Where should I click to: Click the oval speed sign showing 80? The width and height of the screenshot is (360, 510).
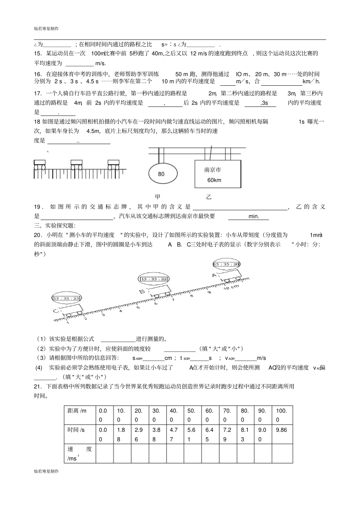(x=162, y=174)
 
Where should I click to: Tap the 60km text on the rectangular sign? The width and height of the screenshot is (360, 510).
(x=214, y=180)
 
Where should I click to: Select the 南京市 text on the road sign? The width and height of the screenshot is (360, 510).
(x=213, y=170)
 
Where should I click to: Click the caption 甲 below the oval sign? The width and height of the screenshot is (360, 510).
(x=158, y=197)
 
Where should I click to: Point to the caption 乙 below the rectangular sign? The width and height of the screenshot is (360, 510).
(x=208, y=197)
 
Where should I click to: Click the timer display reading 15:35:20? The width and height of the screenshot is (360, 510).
(x=226, y=264)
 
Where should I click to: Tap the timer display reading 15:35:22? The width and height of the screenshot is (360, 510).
(x=153, y=279)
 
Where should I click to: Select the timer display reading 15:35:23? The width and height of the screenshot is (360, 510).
(x=67, y=298)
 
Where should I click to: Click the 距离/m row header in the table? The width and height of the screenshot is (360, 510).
(x=77, y=411)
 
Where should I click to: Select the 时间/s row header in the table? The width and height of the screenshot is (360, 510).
(x=76, y=430)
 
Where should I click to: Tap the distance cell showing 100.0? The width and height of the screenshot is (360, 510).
(x=282, y=415)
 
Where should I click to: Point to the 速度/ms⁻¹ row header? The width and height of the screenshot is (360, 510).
(x=79, y=454)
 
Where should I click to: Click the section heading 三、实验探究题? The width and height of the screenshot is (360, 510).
(x=55, y=226)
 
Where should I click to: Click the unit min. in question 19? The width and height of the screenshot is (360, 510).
(x=254, y=216)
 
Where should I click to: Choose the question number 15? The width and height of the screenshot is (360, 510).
(x=38, y=53)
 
